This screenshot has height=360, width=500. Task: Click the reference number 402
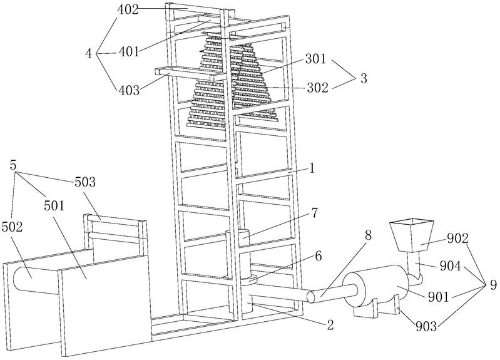(128, 9)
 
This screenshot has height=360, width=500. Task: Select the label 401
(129, 51)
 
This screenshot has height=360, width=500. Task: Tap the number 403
(129, 91)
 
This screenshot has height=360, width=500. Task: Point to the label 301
(315, 59)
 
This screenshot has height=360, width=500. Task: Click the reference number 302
(318, 88)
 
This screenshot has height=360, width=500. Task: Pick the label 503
(85, 182)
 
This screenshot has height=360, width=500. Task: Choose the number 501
(54, 206)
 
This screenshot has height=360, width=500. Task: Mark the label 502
(12, 227)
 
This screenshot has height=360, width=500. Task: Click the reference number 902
(457, 239)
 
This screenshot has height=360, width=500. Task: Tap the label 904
(451, 265)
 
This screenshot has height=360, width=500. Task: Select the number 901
(438, 297)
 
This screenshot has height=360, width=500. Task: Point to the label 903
(426, 326)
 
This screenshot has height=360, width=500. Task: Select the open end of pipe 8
(310, 297)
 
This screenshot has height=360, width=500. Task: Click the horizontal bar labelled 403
(188, 73)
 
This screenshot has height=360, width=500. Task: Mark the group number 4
(89, 53)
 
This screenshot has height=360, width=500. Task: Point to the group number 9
(493, 285)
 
